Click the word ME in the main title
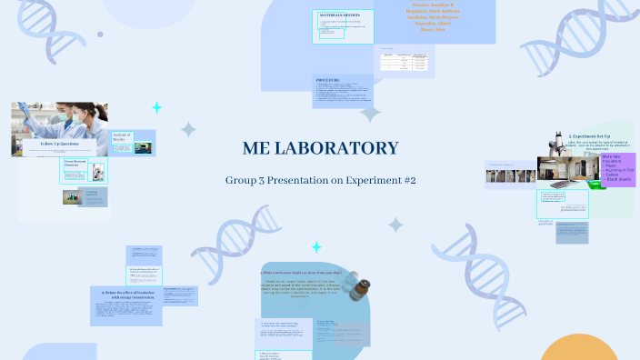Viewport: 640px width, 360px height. click(261, 148)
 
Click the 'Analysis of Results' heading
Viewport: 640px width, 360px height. click(122, 137)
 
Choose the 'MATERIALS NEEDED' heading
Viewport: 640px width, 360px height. click(340, 15)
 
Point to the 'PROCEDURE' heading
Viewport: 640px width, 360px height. click(328, 80)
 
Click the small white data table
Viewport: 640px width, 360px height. click(403, 61)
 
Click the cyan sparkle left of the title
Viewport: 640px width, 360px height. click(156, 107)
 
